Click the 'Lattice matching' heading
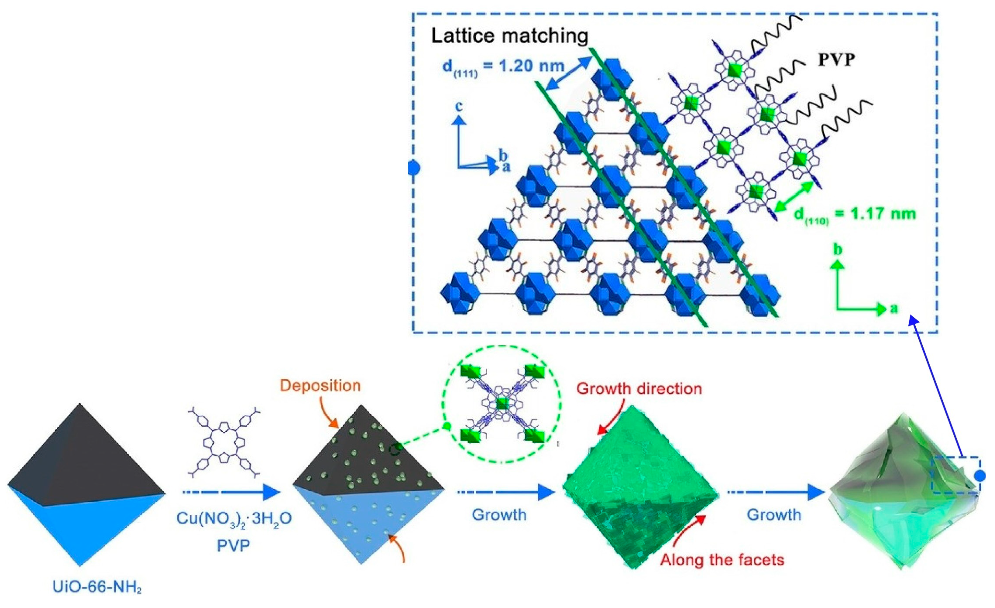click(x=509, y=36)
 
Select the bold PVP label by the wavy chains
click(x=836, y=60)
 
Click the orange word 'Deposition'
click(x=320, y=386)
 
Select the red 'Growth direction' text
click(x=639, y=388)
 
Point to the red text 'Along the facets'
click(x=722, y=560)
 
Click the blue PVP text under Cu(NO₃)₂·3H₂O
click(x=233, y=546)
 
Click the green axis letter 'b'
click(x=838, y=250)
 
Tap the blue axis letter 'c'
click(x=459, y=107)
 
